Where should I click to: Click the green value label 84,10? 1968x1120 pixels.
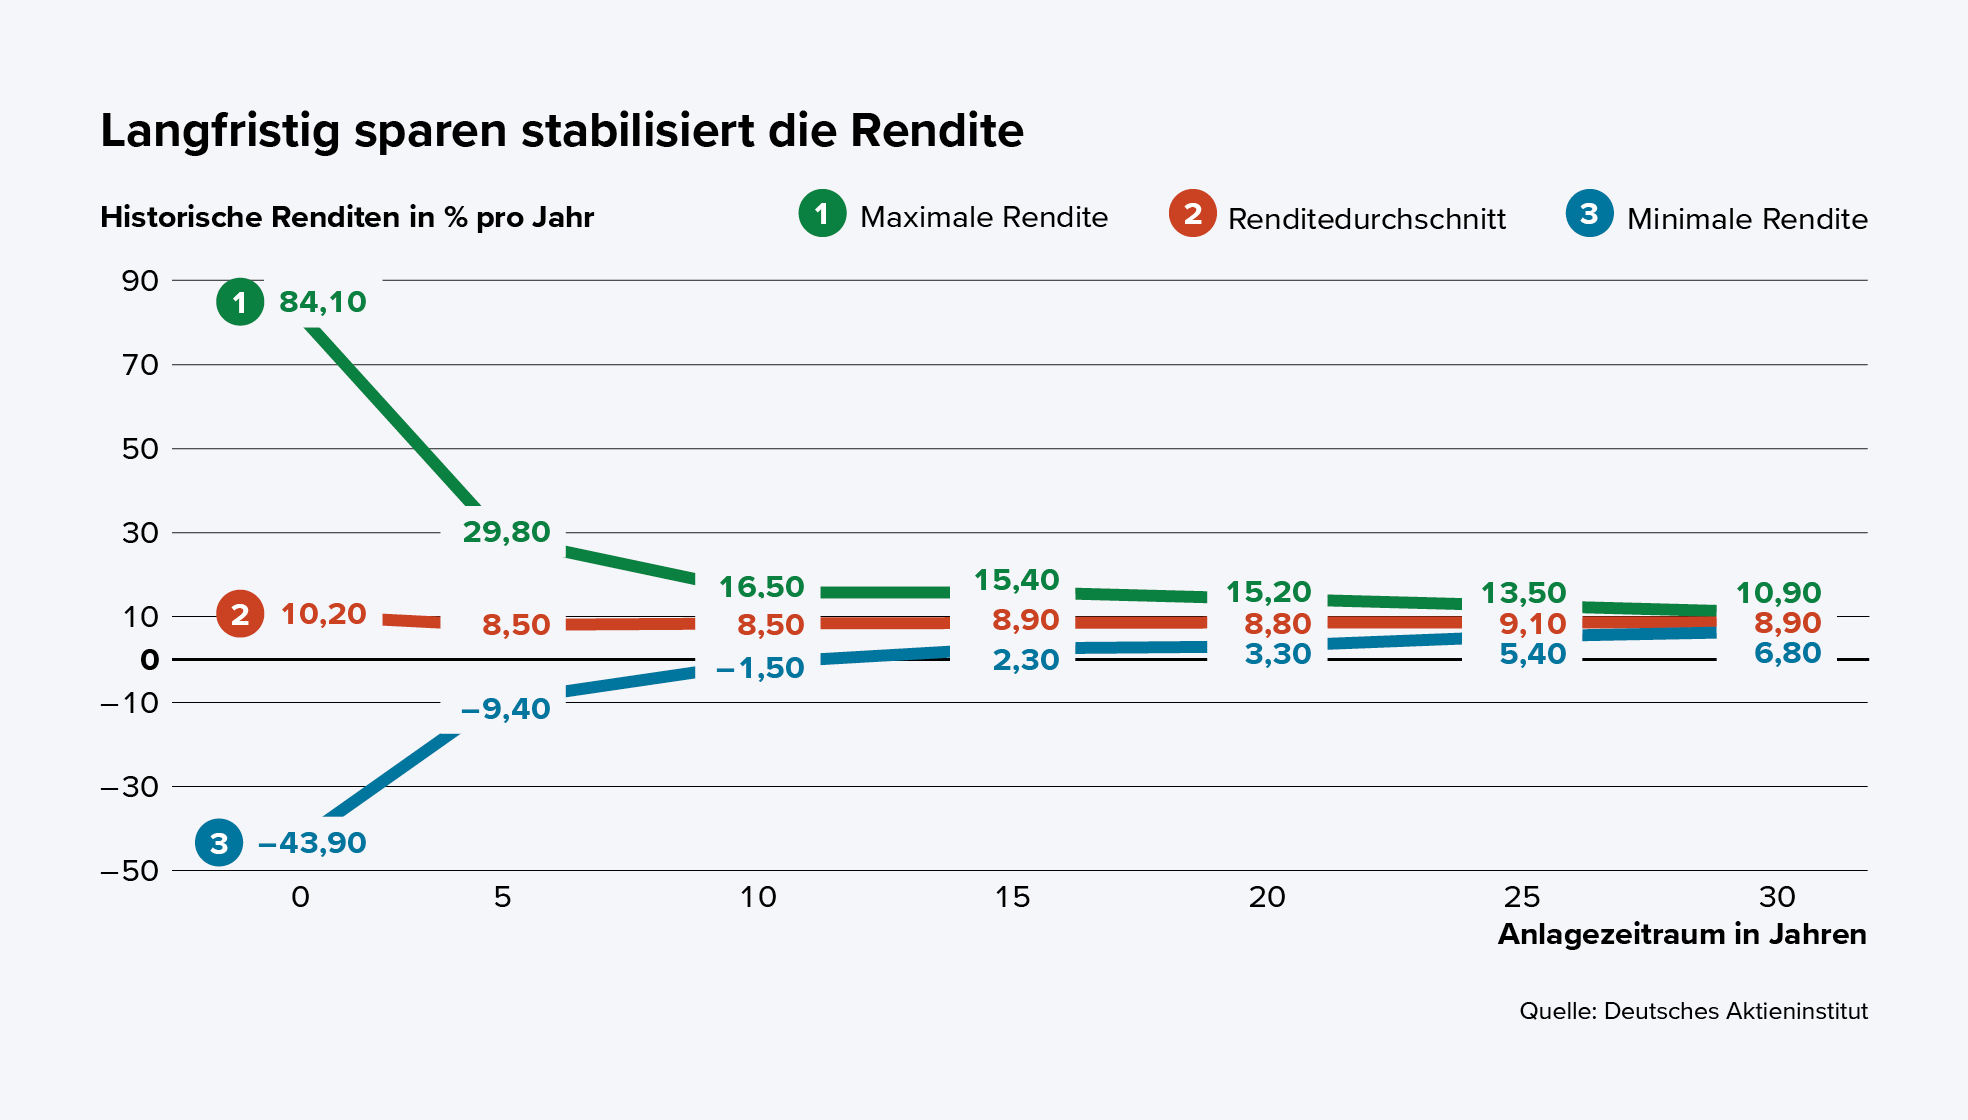click(x=322, y=302)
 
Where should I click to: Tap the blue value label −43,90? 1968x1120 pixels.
click(x=312, y=843)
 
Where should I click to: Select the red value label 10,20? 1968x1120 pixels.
click(x=323, y=614)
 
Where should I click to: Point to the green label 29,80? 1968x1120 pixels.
click(x=506, y=532)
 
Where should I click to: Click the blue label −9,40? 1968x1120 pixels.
click(x=505, y=709)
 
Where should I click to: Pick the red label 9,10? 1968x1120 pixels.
click(x=1532, y=624)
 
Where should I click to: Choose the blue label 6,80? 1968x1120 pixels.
click(x=1787, y=653)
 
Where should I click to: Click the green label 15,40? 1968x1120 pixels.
click(x=1016, y=580)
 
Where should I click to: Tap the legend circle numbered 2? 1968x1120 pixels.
click(x=1192, y=214)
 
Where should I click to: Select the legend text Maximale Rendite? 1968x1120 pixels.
click(x=983, y=217)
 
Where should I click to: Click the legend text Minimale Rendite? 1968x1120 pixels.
click(x=1746, y=219)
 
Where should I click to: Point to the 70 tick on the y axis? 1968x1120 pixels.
click(x=140, y=365)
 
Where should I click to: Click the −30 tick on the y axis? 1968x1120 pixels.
click(x=130, y=787)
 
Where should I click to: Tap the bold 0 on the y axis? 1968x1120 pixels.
click(x=149, y=660)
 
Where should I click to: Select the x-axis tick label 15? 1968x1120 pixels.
click(x=1012, y=897)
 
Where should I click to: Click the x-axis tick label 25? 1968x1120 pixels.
click(x=1522, y=897)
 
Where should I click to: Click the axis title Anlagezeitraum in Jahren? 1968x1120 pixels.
click(x=1681, y=934)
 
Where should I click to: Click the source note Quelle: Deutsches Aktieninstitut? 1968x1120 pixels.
click(x=1692, y=1011)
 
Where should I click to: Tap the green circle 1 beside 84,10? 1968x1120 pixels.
click(x=240, y=302)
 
